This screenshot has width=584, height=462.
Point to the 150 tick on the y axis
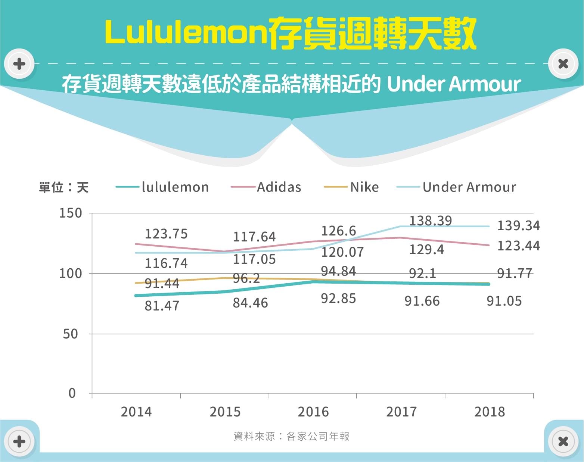71,213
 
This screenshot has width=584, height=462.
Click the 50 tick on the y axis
71,334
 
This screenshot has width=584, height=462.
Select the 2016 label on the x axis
313,412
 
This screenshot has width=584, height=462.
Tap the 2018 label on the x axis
490,412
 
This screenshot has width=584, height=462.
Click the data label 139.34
519,225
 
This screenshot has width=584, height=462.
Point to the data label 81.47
162,306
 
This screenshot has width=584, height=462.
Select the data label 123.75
166,234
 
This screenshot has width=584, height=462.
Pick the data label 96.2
246,278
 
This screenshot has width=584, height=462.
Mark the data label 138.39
431,221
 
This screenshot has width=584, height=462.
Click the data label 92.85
339,299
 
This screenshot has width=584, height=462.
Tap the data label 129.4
427,249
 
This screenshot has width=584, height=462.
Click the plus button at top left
19,64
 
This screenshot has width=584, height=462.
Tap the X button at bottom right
563,441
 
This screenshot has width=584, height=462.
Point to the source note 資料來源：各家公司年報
291,436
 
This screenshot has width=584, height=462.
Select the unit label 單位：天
64,187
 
